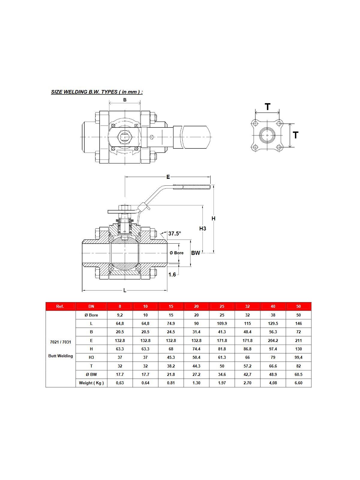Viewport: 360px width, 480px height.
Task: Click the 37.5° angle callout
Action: [x=175, y=233]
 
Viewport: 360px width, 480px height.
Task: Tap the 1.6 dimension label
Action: [x=172, y=274]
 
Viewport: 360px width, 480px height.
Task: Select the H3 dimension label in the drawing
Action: [x=203, y=229]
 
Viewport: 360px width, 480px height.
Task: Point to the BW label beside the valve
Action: [x=196, y=253]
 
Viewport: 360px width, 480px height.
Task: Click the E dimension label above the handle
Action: [x=168, y=177]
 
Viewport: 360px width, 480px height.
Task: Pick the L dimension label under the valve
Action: [x=125, y=290]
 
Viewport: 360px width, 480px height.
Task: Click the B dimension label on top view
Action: [x=125, y=100]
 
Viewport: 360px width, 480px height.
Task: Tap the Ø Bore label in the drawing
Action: [x=177, y=253]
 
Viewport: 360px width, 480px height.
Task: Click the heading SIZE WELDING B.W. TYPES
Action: [x=97, y=92]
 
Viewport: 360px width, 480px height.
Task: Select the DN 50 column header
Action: [x=298, y=306]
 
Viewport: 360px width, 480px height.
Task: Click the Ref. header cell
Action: [x=60, y=306]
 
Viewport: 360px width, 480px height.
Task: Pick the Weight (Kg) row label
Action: [x=91, y=383]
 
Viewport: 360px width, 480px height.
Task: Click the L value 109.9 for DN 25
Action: [x=222, y=323]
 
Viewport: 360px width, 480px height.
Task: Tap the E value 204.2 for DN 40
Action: [x=273, y=340]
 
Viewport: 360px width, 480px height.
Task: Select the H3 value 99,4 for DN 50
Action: [x=298, y=357]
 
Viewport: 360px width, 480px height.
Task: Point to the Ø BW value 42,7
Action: [x=247, y=374]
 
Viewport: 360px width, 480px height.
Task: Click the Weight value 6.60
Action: [x=298, y=383]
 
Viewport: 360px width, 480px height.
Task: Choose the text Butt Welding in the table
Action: [x=61, y=356]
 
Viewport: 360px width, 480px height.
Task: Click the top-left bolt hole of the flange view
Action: [x=255, y=124]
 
